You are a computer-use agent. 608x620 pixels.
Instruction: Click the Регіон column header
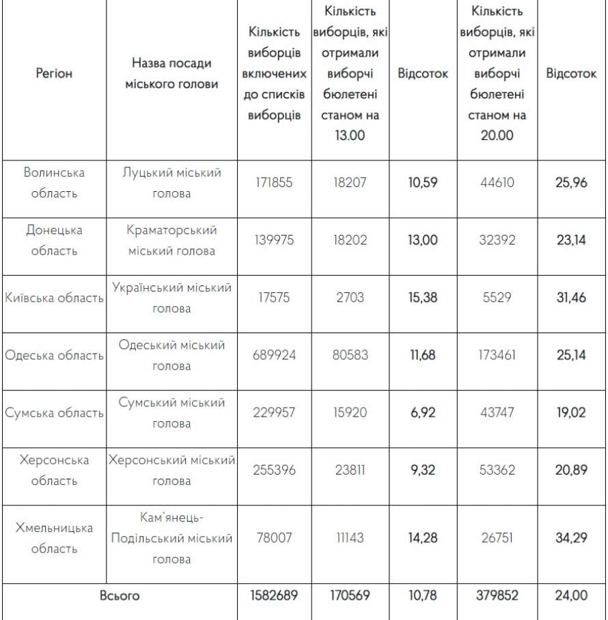pyautogui.click(x=54, y=73)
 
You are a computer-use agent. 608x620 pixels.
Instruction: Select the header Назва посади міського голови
pyautogui.click(x=171, y=73)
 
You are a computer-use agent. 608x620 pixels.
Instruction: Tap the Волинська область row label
pyautogui.click(x=54, y=183)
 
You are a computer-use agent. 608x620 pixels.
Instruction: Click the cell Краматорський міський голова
pyautogui.click(x=171, y=240)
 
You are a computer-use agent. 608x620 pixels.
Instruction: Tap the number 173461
pyautogui.click(x=497, y=355)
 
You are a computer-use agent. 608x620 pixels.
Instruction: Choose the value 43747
pyautogui.click(x=497, y=412)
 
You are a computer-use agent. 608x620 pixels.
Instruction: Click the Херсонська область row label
pyautogui.click(x=54, y=470)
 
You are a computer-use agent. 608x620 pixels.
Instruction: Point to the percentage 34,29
pyautogui.click(x=571, y=537)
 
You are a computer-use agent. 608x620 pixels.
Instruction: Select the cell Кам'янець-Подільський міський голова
pyautogui.click(x=171, y=538)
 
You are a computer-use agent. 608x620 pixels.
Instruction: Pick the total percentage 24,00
pyautogui.click(x=571, y=595)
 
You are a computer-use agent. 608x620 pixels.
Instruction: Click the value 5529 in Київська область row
pyautogui.click(x=497, y=298)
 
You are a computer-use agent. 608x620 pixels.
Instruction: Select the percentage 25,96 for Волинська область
pyautogui.click(x=571, y=183)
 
